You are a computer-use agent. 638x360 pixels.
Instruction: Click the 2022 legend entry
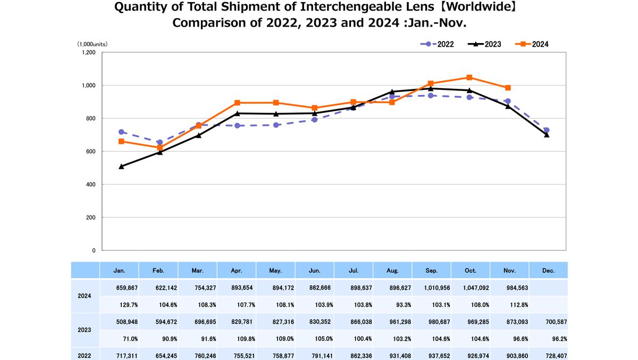(x=437, y=44)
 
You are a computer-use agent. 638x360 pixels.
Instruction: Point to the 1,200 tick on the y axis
(x=88, y=53)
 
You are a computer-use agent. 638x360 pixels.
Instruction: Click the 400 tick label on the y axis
(x=90, y=185)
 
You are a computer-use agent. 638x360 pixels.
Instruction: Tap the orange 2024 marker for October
(x=469, y=78)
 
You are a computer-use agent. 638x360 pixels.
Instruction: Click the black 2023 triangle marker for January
(x=121, y=166)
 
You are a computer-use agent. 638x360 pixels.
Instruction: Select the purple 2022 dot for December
(x=547, y=130)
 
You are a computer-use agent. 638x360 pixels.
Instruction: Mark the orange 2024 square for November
(x=508, y=88)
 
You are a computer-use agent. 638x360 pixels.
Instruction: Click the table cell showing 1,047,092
(x=471, y=288)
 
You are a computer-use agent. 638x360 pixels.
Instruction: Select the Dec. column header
(x=548, y=271)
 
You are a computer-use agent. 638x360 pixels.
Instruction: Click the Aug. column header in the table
(x=392, y=271)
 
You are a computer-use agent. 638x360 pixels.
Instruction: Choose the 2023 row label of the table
(x=85, y=330)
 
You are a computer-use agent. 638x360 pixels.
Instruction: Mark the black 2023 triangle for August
(x=392, y=91)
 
